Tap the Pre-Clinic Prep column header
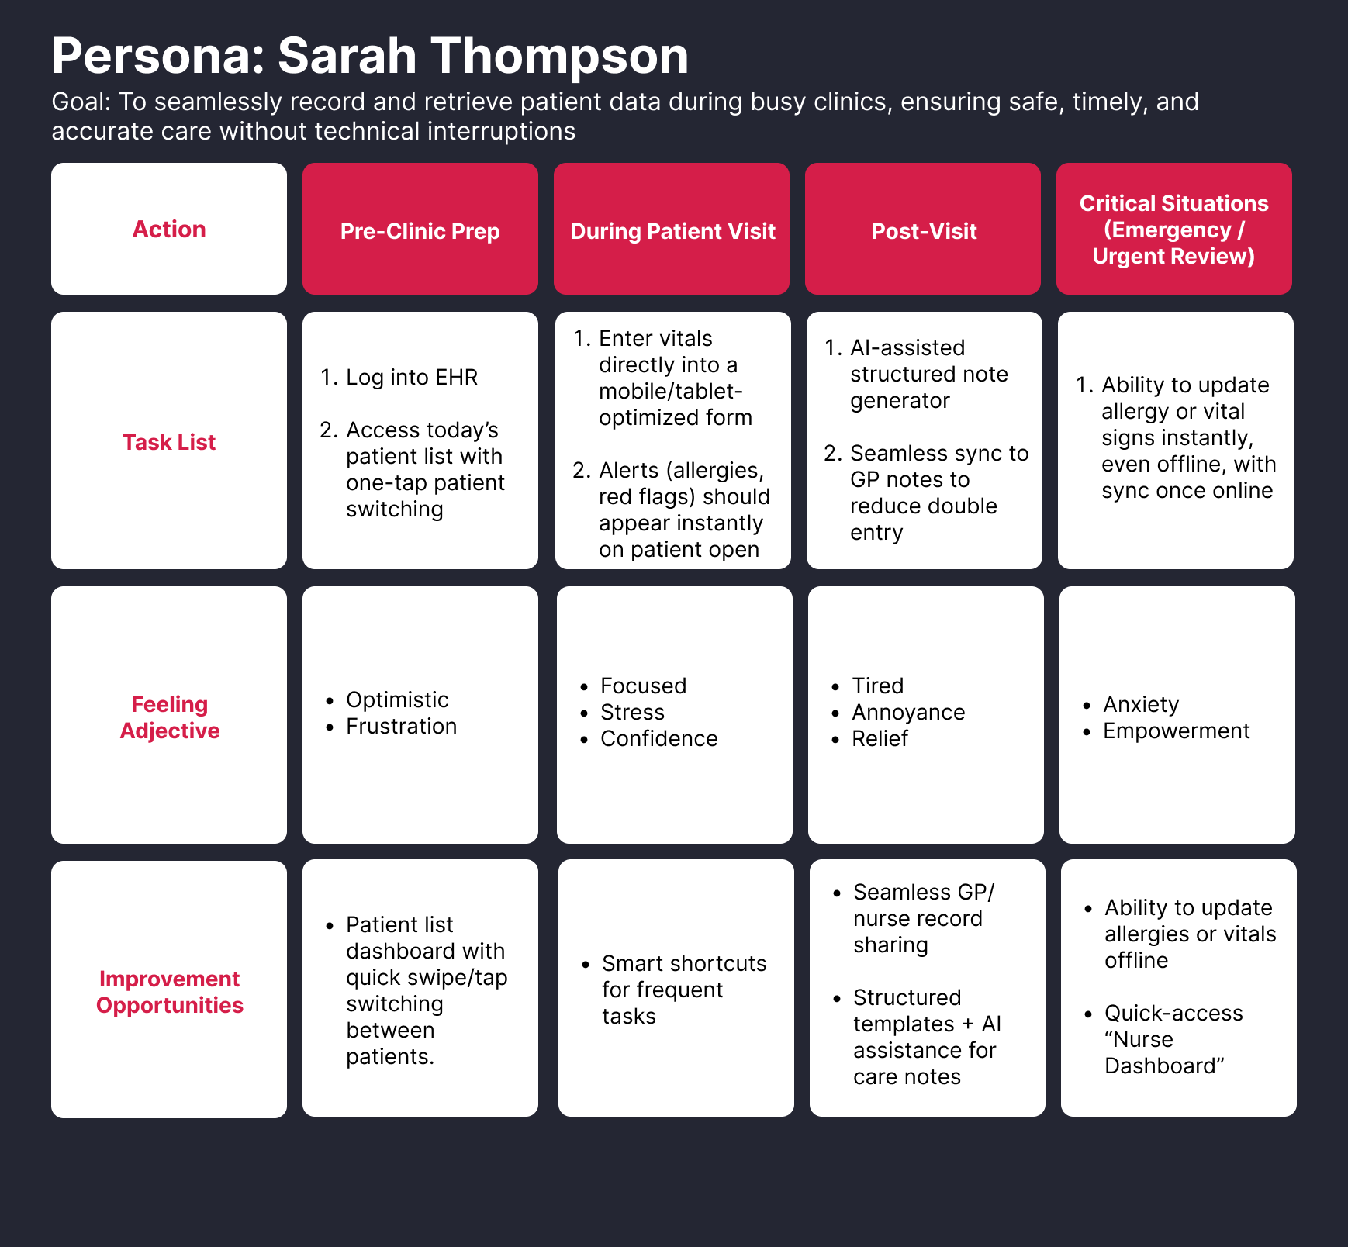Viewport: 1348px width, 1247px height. tap(420, 231)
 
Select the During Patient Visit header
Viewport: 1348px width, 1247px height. tap(672, 231)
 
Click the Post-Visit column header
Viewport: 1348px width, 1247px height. tap(924, 231)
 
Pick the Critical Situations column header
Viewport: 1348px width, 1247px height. tap(1173, 230)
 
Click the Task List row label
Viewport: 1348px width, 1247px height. tap(169, 442)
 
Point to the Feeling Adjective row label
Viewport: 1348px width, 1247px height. tap(169, 717)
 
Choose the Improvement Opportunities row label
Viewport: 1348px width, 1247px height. tap(169, 992)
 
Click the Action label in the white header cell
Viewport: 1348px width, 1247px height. tap(169, 230)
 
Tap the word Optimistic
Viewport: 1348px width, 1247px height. tap(397, 699)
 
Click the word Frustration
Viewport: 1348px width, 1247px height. tap(401, 726)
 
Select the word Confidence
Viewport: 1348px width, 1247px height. tap(658, 738)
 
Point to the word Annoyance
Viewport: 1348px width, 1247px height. tap(908, 712)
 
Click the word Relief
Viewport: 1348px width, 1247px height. tap(880, 738)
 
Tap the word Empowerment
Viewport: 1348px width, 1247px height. tap(1176, 731)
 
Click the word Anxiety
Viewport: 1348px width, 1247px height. tap(1141, 704)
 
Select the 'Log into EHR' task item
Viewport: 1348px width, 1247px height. tap(411, 377)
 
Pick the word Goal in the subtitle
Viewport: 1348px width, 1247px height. tap(80, 102)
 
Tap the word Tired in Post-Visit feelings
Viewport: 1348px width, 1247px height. tap(877, 686)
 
